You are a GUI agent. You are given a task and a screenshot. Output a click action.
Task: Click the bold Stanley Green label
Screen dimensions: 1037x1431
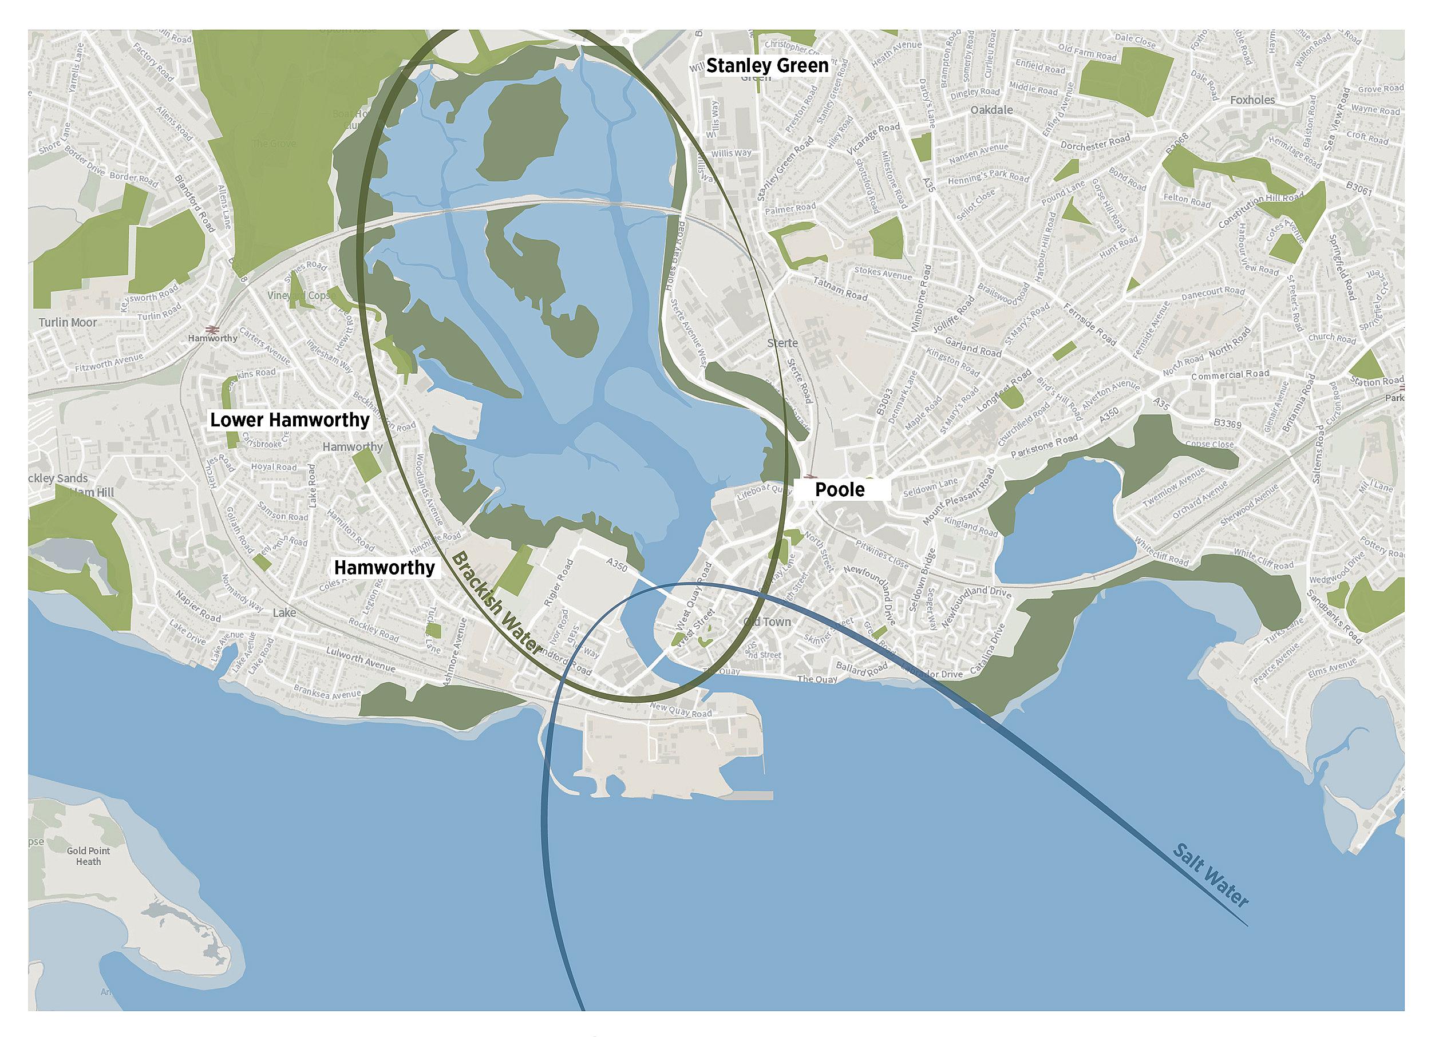(766, 66)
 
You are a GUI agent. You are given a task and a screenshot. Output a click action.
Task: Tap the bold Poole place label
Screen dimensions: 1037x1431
(839, 489)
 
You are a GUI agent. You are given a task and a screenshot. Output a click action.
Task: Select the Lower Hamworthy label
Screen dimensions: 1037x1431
(290, 420)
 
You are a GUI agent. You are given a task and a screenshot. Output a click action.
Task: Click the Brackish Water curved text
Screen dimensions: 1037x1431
(497, 603)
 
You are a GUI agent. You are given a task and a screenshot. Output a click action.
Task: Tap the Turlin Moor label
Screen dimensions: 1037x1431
(68, 322)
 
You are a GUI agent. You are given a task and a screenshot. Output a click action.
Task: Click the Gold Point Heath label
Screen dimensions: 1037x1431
(88, 856)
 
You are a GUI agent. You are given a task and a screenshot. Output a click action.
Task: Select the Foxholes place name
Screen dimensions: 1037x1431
(1252, 100)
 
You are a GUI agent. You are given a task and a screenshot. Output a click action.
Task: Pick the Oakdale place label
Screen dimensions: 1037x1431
(991, 110)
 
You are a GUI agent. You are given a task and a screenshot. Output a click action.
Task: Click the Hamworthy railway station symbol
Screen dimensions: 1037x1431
(211, 328)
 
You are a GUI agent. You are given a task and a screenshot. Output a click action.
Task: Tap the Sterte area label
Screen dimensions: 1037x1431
(782, 343)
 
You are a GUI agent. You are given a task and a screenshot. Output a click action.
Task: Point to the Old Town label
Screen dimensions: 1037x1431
(767, 622)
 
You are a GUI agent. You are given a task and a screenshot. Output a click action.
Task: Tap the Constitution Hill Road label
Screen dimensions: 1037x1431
(1259, 211)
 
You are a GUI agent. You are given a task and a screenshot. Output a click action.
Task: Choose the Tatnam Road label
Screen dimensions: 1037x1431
(840, 289)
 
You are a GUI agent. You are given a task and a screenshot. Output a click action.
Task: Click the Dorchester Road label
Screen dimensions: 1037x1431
(1094, 142)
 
